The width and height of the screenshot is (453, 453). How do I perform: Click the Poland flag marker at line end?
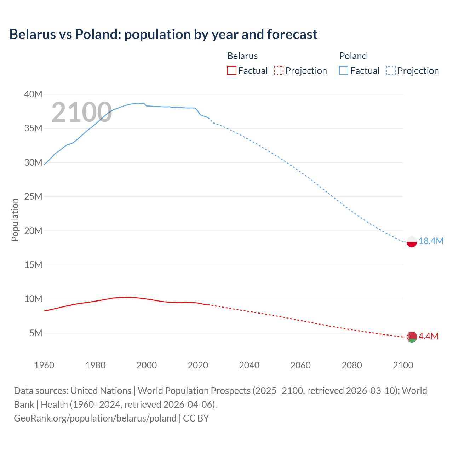click(412, 242)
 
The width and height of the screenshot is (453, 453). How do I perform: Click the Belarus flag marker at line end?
click(412, 337)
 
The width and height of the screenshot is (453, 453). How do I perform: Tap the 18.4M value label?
click(431, 241)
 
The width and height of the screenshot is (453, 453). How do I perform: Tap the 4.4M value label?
click(428, 336)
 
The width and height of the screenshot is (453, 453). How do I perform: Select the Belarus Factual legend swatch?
click(231, 71)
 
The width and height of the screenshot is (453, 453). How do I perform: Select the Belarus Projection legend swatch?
click(279, 71)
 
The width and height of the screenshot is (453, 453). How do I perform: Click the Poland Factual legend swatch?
click(344, 71)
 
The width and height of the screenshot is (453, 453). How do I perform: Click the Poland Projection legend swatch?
click(391, 71)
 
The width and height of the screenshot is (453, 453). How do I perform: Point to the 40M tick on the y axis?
click(33, 94)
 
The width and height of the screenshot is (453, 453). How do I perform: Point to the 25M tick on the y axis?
click(33, 196)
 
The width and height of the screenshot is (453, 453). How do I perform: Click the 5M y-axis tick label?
click(36, 333)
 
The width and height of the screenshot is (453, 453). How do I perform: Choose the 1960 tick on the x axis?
click(44, 365)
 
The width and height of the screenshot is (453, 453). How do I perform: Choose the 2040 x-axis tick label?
click(249, 365)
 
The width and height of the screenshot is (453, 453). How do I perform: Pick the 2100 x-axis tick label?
click(403, 365)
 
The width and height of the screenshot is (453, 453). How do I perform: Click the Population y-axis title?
click(15, 220)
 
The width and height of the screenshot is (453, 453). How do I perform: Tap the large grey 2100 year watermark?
click(82, 112)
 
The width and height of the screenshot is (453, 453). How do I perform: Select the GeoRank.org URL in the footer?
click(95, 418)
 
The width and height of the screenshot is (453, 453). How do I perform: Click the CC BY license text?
click(196, 418)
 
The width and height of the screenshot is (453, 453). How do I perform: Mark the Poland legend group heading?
click(353, 56)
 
